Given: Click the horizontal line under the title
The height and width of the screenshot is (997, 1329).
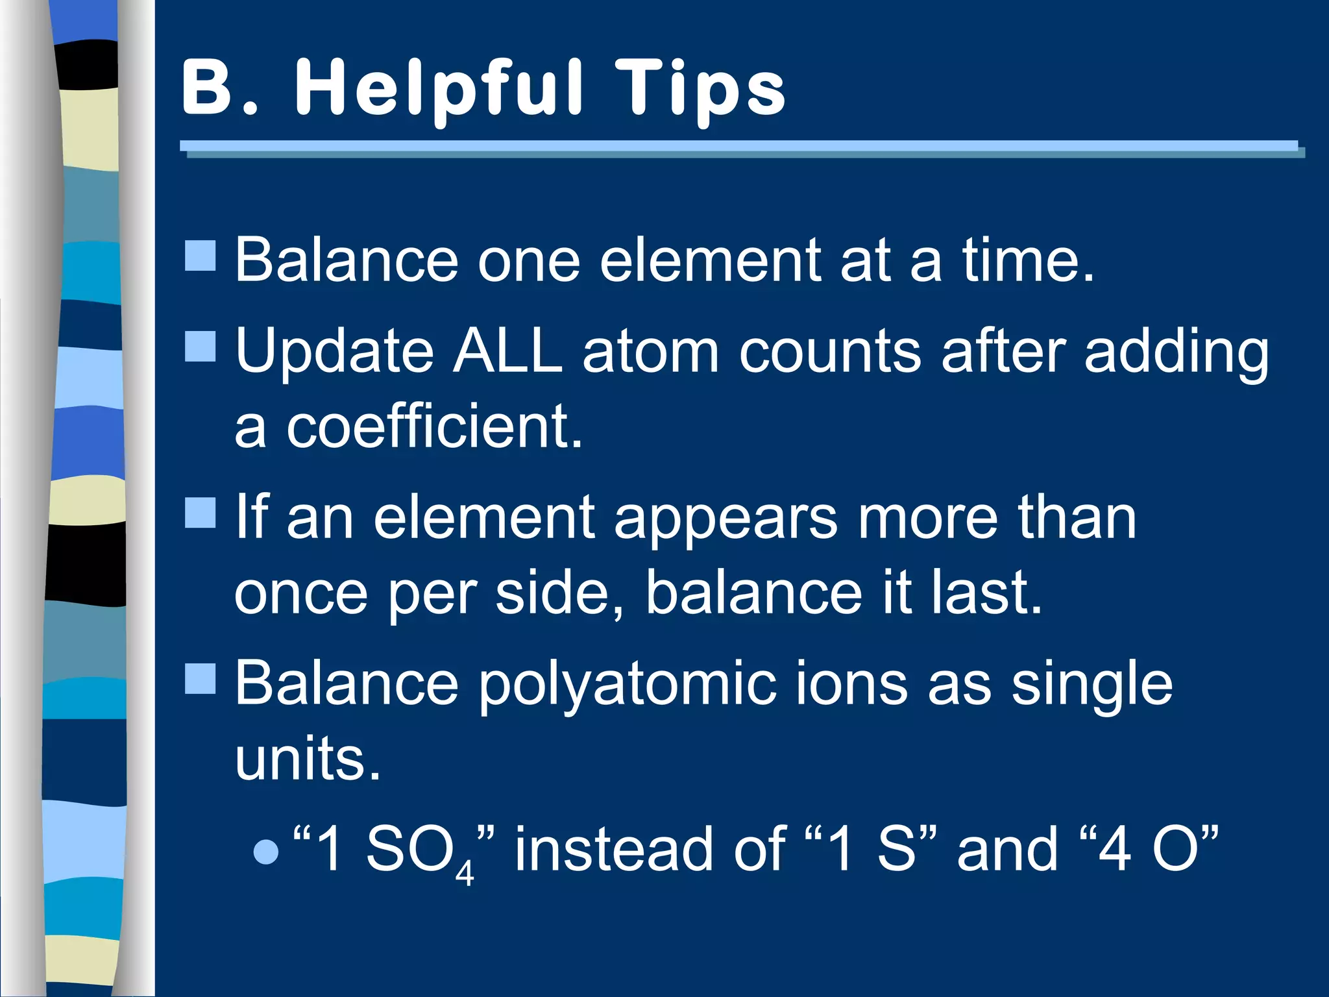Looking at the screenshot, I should [x=740, y=147].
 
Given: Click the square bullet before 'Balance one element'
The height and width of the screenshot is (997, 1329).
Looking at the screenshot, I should [x=201, y=256].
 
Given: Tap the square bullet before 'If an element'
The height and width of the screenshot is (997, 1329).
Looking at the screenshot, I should [x=201, y=513].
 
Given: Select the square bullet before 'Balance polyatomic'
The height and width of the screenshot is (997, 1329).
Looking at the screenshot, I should [x=201, y=679].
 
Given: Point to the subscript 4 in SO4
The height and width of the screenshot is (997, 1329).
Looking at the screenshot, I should [x=465, y=874].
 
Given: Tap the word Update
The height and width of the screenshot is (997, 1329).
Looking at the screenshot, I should [x=334, y=354].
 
